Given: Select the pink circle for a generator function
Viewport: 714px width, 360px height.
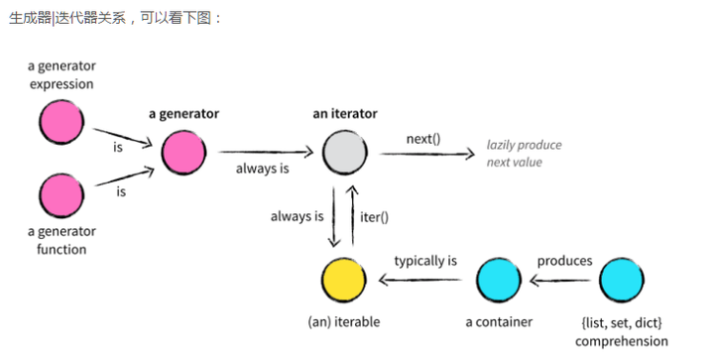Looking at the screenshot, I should click(x=61, y=194).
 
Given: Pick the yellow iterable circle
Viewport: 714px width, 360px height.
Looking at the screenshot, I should click(x=345, y=280).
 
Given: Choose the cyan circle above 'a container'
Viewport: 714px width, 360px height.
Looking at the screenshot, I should click(x=499, y=280).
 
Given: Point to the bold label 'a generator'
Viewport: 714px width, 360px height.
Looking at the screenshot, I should click(x=183, y=114).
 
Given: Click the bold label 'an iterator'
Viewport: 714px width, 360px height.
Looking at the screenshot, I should click(x=344, y=114).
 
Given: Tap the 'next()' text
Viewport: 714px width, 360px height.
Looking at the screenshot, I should click(x=423, y=138).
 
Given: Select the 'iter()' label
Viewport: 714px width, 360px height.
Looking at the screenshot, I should click(x=373, y=215).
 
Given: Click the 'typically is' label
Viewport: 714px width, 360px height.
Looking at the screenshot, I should click(x=425, y=261).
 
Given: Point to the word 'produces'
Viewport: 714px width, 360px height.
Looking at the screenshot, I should click(x=564, y=261).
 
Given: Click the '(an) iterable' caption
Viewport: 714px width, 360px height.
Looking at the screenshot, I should click(x=344, y=322).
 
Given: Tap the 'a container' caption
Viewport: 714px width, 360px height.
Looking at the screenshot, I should click(x=499, y=322).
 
